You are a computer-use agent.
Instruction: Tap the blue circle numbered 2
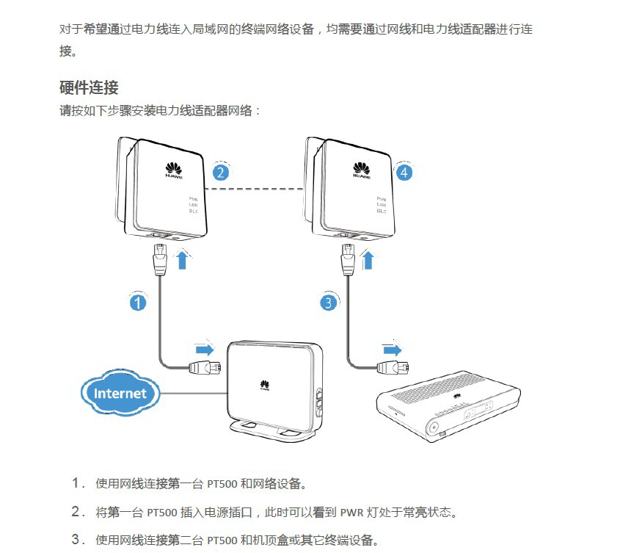(219, 173)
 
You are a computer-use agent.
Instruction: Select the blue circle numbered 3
(329, 302)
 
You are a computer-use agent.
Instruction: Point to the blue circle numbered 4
(404, 173)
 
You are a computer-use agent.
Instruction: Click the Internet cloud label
(120, 393)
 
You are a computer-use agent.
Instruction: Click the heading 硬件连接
(89, 87)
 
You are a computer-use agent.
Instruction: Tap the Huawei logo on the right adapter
(362, 170)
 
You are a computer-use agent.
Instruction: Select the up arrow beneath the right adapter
(369, 259)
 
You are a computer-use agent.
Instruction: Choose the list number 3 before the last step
(76, 540)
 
